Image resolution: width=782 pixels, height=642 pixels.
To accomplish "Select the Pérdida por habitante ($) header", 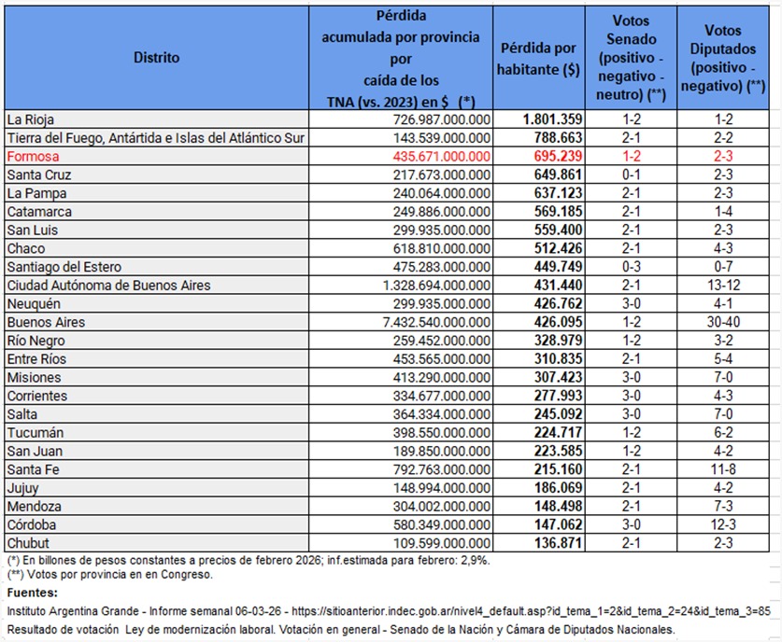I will (539, 57).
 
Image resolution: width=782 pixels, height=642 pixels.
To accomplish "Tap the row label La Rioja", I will (30, 119).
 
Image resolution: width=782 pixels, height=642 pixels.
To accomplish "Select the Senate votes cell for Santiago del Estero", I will (632, 266).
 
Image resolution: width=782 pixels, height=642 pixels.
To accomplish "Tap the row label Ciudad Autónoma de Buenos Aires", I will (108, 285).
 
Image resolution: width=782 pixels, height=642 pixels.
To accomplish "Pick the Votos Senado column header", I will (632, 57).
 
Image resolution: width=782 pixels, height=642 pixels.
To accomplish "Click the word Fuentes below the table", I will (32, 593).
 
